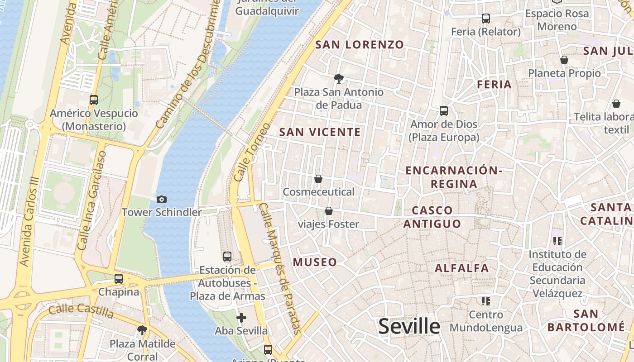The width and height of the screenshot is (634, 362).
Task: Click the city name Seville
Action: click(x=409, y=326)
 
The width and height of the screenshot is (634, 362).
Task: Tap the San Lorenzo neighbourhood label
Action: click(x=359, y=44)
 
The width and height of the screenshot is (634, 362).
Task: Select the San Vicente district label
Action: click(x=320, y=132)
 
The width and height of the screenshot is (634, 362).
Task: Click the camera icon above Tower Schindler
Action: click(x=161, y=199)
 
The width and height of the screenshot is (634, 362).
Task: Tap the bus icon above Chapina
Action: click(x=119, y=279)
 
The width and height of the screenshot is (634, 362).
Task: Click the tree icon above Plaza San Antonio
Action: click(x=338, y=79)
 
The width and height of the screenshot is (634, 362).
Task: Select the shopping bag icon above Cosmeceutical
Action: click(x=318, y=179)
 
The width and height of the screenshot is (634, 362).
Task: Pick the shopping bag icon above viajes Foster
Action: click(x=329, y=211)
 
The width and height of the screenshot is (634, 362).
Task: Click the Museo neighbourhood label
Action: click(x=315, y=262)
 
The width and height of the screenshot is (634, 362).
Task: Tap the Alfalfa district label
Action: click(x=462, y=268)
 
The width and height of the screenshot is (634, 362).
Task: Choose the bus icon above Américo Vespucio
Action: click(x=94, y=100)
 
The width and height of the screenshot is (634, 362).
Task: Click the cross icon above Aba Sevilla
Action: click(x=241, y=318)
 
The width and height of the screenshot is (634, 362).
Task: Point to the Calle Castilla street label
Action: click(x=81, y=311)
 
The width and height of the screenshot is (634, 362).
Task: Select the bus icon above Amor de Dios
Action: click(x=444, y=111)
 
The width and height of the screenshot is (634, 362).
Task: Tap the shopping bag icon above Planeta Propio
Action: click(x=564, y=60)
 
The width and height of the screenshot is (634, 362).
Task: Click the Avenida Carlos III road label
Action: click(x=29, y=221)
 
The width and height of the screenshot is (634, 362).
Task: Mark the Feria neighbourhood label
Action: click(x=494, y=84)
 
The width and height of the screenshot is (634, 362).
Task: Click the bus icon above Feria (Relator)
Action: click(x=486, y=19)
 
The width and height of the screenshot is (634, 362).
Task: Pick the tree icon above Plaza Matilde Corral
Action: click(x=142, y=330)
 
